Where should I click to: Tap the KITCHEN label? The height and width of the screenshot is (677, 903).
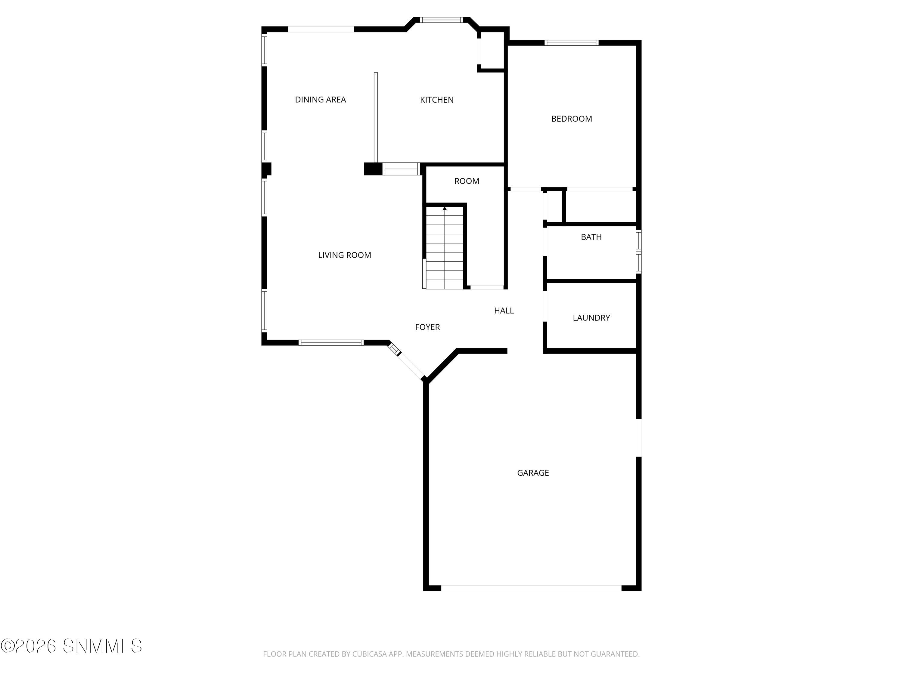click(436, 100)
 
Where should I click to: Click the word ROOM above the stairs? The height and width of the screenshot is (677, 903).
click(466, 181)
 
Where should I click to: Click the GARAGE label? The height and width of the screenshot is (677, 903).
click(532, 473)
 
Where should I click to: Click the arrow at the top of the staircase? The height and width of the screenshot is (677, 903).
click(444, 209)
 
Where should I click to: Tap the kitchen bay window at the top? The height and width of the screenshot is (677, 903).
click(441, 20)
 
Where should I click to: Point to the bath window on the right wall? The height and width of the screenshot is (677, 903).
click(638, 251)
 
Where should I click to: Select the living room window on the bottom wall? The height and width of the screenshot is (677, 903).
click(331, 343)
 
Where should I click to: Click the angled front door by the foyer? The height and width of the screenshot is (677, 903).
click(410, 365)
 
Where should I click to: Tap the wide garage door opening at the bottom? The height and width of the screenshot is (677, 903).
click(531, 588)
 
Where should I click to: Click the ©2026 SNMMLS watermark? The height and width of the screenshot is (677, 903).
click(71, 646)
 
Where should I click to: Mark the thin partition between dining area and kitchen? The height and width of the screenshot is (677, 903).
click(376, 118)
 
